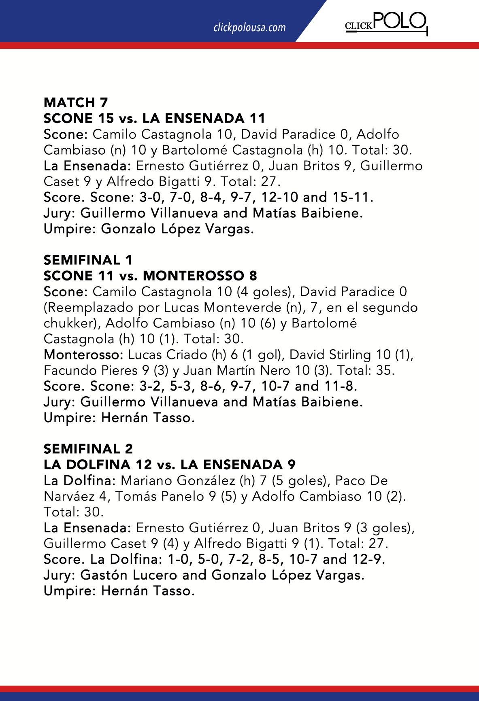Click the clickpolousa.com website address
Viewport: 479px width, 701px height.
pos(249,28)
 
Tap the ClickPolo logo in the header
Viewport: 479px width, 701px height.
pos(385,23)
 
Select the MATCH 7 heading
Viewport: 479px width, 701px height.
pos(76,102)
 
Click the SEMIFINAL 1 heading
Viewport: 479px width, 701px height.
pos(88,260)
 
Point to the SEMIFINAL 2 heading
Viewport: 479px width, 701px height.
pos(88,449)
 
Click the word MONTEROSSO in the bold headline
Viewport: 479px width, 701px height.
pos(192,276)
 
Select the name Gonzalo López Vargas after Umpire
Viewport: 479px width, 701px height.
pos(177,229)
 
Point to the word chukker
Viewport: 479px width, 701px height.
pos(68,323)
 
